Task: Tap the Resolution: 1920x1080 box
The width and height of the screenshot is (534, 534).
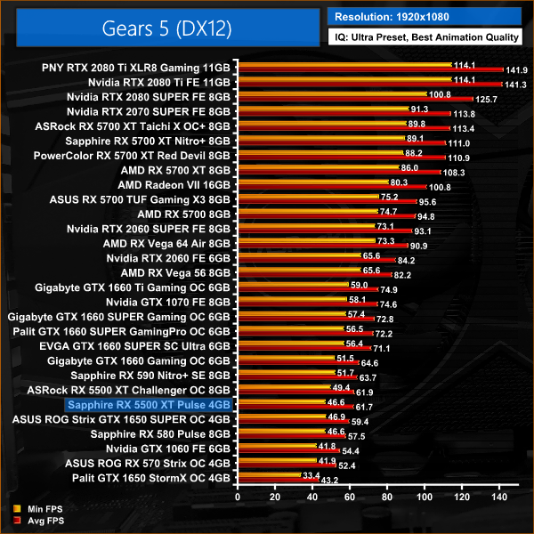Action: pyautogui.click(x=425, y=16)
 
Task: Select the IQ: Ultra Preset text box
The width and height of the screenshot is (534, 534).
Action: pyautogui.click(x=425, y=37)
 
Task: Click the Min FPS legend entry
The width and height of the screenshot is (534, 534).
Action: pyautogui.click(x=36, y=509)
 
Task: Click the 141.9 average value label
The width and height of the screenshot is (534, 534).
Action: pyautogui.click(x=516, y=70)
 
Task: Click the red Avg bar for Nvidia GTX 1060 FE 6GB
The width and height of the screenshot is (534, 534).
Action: pyautogui.click(x=276, y=452)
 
